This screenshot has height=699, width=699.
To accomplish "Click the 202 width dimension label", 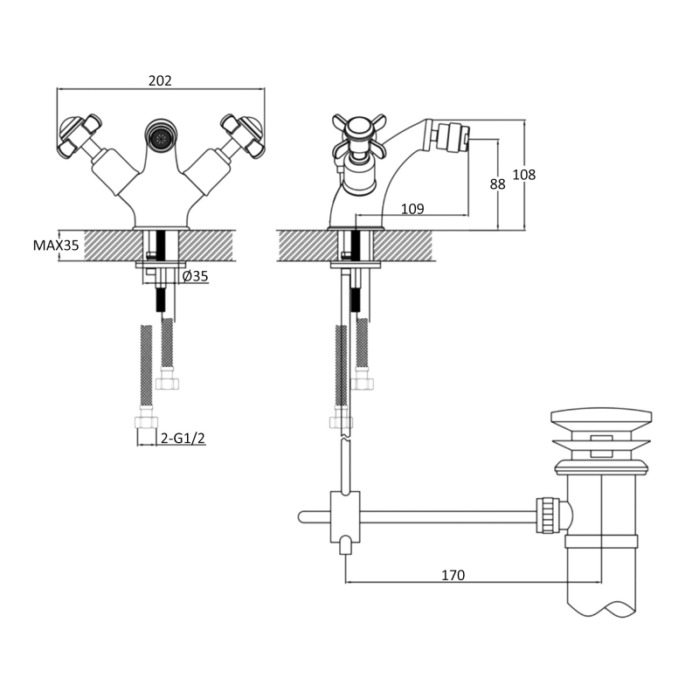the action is [x=160, y=80].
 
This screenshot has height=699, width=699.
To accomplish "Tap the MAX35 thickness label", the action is [x=56, y=246].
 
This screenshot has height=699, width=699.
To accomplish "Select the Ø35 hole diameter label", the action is [x=195, y=276].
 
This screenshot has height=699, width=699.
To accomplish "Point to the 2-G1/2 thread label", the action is [x=183, y=439].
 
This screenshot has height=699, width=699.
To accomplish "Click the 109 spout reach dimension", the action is [x=412, y=209].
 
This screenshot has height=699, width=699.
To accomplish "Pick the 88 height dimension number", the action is [x=497, y=183].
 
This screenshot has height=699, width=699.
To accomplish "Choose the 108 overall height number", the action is [x=523, y=174].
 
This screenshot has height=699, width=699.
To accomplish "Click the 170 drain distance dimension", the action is [x=453, y=575].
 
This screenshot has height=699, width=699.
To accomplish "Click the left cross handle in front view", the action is [x=80, y=135].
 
